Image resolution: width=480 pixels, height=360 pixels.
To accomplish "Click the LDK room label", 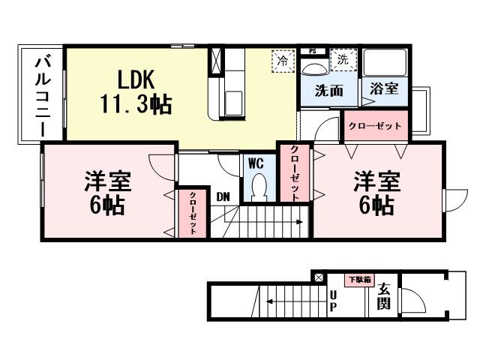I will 136,78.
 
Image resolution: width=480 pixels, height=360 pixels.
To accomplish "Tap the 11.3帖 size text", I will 136,103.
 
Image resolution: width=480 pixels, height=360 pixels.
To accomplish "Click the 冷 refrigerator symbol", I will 282,60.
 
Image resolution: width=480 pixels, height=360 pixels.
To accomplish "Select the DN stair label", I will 223,196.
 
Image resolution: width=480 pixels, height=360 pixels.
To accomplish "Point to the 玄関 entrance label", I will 383,295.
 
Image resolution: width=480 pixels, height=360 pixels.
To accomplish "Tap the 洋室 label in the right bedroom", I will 376,181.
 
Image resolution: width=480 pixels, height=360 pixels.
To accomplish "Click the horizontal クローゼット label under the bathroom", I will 376,126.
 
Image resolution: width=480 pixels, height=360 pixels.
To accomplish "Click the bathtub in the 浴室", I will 384,63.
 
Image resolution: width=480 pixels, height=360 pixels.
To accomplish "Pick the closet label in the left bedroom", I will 193,214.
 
